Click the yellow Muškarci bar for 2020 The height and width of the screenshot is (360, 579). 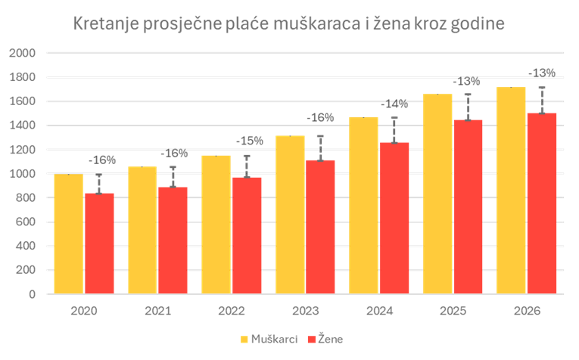point(69,234)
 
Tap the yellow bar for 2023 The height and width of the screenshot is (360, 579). point(290,215)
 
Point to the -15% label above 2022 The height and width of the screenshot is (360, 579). point(250,141)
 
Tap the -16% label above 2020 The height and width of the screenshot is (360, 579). point(102,160)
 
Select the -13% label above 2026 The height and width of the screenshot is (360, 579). point(541,73)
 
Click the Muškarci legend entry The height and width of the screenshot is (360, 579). point(269,339)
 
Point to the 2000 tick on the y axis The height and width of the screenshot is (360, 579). point(23,53)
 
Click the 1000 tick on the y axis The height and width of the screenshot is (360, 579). point(23,174)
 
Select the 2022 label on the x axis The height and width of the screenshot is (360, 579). point(231,310)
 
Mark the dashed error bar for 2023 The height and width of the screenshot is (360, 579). point(320,148)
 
